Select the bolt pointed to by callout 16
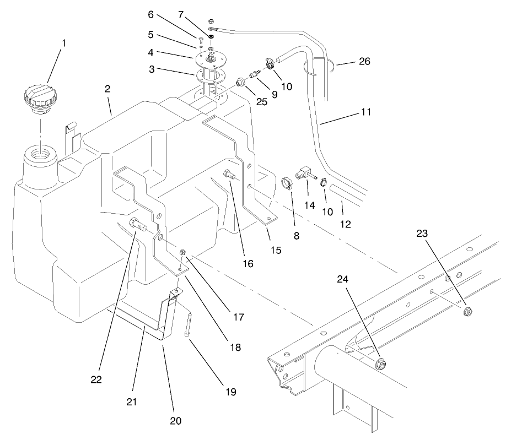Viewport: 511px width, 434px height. (228, 176)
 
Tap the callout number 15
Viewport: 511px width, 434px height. (276, 250)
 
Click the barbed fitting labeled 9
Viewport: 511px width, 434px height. (254, 73)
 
